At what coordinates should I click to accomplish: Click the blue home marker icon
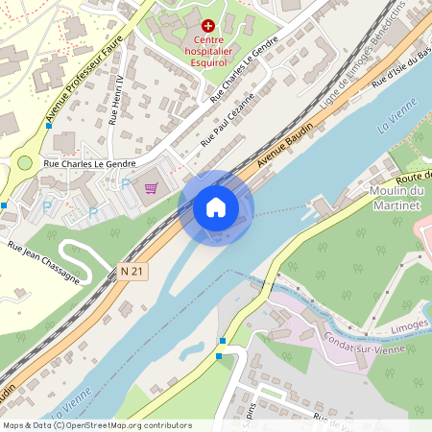tap(216, 206)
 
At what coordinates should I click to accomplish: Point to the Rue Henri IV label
tap(116, 100)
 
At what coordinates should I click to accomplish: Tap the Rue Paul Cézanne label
tap(227, 120)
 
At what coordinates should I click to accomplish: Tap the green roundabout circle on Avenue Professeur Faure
tap(25, 162)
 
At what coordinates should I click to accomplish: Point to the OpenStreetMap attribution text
tap(96, 425)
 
